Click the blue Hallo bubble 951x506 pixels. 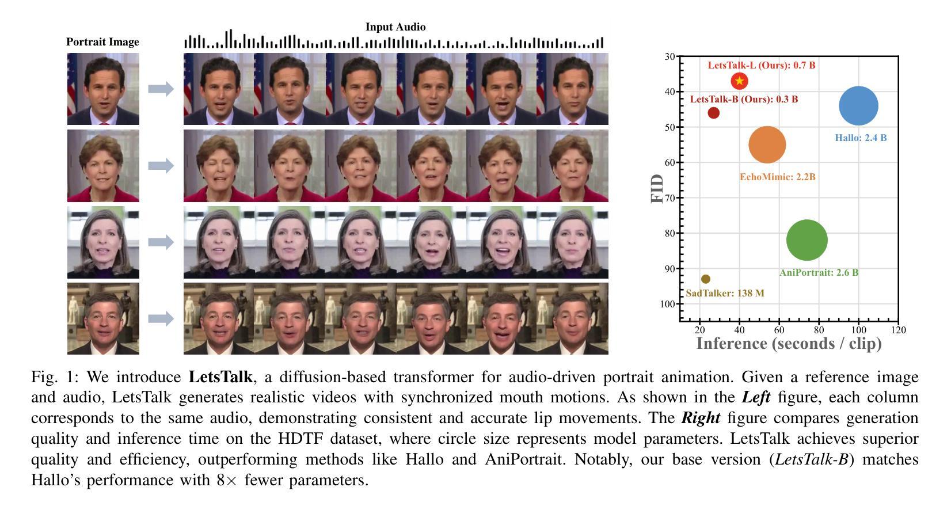(x=858, y=106)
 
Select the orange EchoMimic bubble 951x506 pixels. (x=767, y=144)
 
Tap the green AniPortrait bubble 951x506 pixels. (x=807, y=240)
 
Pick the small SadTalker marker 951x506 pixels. (x=706, y=279)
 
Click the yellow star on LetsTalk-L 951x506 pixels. (x=740, y=81)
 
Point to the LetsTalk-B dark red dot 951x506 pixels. (x=714, y=113)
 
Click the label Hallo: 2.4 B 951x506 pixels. (x=861, y=138)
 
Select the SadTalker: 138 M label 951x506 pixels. (x=725, y=294)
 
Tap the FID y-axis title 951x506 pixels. (x=657, y=189)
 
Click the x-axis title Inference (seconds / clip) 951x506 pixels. (x=789, y=344)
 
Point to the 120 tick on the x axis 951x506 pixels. (x=898, y=330)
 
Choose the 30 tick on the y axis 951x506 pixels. (x=669, y=56)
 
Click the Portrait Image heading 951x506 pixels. (x=102, y=42)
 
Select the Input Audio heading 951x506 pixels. (x=395, y=27)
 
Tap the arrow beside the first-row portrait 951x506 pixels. (x=161, y=89)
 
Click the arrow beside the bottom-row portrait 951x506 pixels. (x=161, y=318)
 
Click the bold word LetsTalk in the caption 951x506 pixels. (x=220, y=378)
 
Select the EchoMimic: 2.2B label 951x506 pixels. (x=777, y=177)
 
